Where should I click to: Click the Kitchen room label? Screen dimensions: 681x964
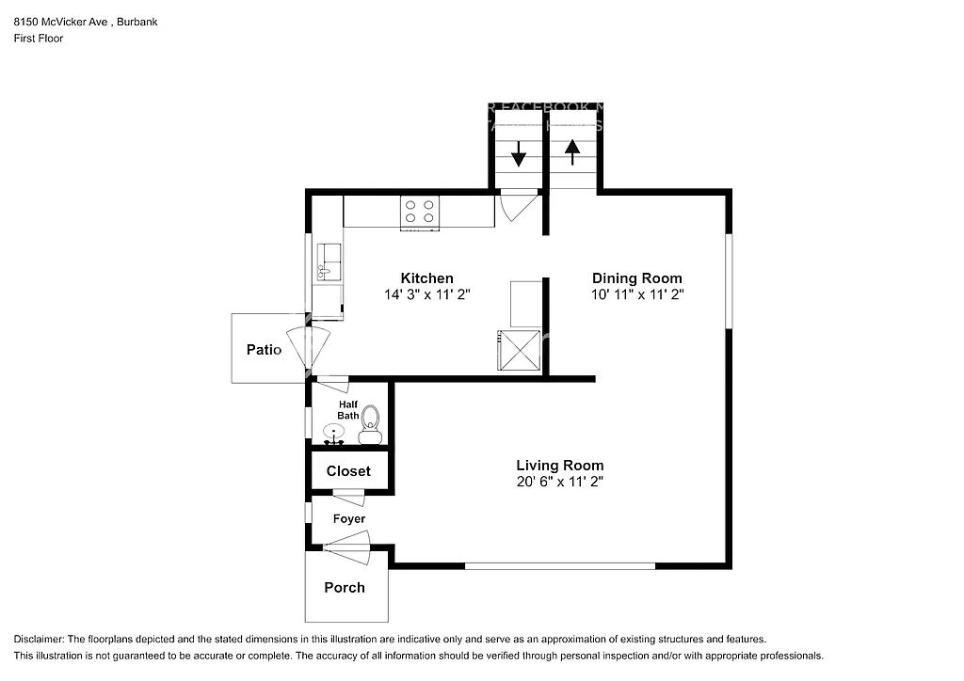pyautogui.click(x=426, y=278)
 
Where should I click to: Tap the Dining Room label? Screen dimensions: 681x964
pyautogui.click(x=636, y=278)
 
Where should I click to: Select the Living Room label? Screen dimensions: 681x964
pyautogui.click(x=559, y=466)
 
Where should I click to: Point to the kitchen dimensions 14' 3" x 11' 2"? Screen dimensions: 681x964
pyautogui.click(x=426, y=294)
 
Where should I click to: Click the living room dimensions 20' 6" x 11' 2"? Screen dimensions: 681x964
pyautogui.click(x=559, y=482)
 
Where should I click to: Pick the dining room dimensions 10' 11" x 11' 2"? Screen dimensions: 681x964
pyautogui.click(x=636, y=294)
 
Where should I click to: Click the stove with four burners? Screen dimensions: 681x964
pyautogui.click(x=419, y=212)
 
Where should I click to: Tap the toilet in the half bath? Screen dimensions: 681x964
pyautogui.click(x=370, y=424)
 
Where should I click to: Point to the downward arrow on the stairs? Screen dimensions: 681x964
pyautogui.click(x=518, y=154)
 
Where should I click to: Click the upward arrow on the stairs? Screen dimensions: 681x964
pyautogui.click(x=572, y=151)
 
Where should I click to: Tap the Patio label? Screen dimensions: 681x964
pyautogui.click(x=264, y=350)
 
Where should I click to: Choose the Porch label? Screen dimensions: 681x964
pyautogui.click(x=344, y=588)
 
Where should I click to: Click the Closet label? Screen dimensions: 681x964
pyautogui.click(x=348, y=471)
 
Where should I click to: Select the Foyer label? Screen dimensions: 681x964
pyautogui.click(x=348, y=518)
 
